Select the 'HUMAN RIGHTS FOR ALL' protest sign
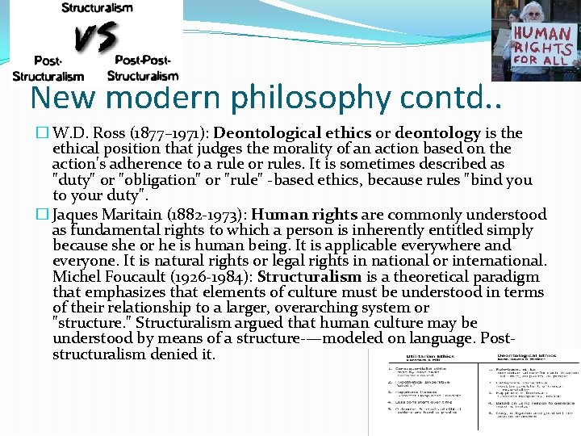(x=542, y=44)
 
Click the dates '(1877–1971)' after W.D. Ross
(x=169, y=133)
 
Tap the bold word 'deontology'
(x=437, y=133)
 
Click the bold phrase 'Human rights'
(x=303, y=215)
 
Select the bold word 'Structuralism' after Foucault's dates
(x=309, y=277)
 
